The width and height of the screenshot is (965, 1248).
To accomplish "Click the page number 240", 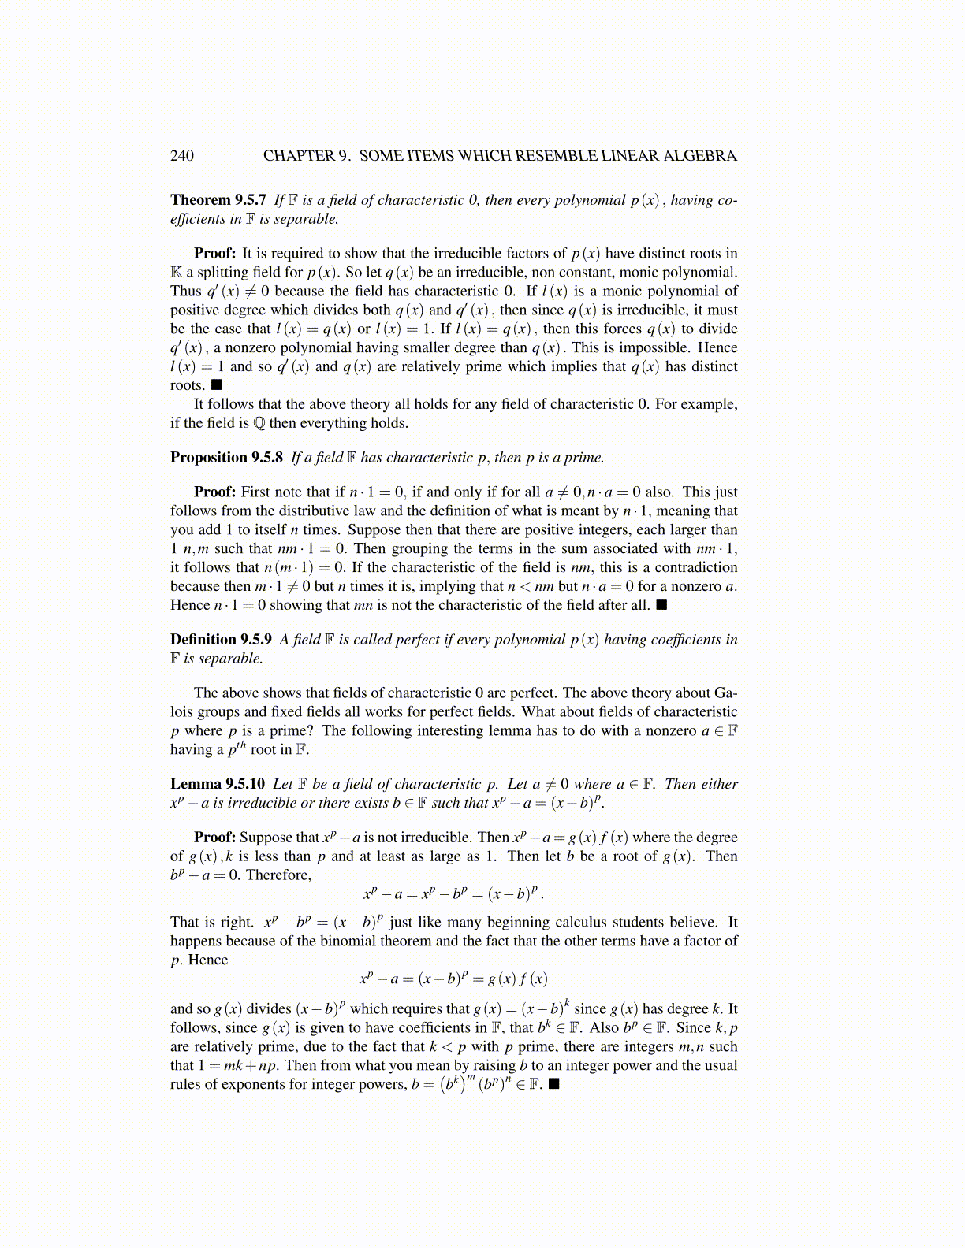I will pyautogui.click(x=181, y=156).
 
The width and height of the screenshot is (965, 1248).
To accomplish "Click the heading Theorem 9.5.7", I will pyautogui.click(x=218, y=200).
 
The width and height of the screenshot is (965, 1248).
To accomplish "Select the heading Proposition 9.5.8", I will pyautogui.click(x=226, y=458).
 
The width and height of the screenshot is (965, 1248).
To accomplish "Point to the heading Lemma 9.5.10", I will pyautogui.click(x=218, y=784).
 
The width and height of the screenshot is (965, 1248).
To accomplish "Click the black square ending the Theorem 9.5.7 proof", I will pyautogui.click(x=216, y=385).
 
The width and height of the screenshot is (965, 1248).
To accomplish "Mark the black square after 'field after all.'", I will pyautogui.click(x=661, y=605).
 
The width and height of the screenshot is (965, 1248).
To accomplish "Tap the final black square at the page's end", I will pyautogui.click(x=554, y=1084).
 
